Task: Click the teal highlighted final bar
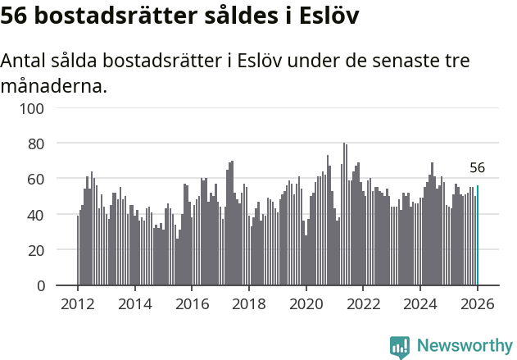tap(478, 236)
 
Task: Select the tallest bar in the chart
tap(344, 215)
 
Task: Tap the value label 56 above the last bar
tap(478, 168)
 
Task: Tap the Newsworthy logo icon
tap(400, 347)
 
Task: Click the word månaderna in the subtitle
tap(53, 85)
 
